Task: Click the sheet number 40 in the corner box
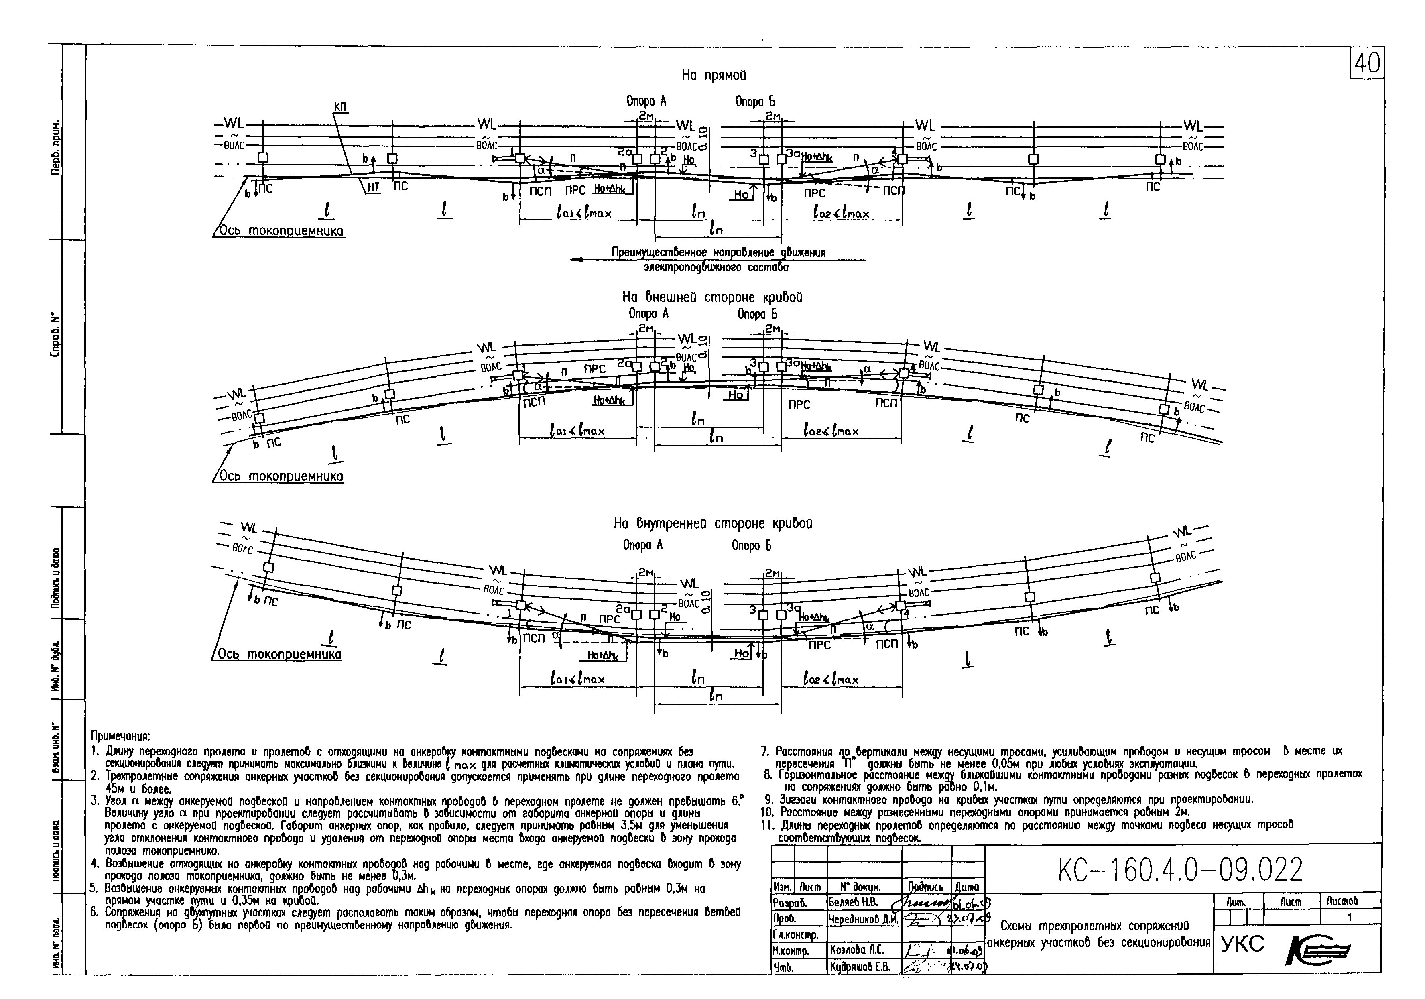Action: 1367,63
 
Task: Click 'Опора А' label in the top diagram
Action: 646,101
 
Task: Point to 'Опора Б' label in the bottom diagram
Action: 752,546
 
